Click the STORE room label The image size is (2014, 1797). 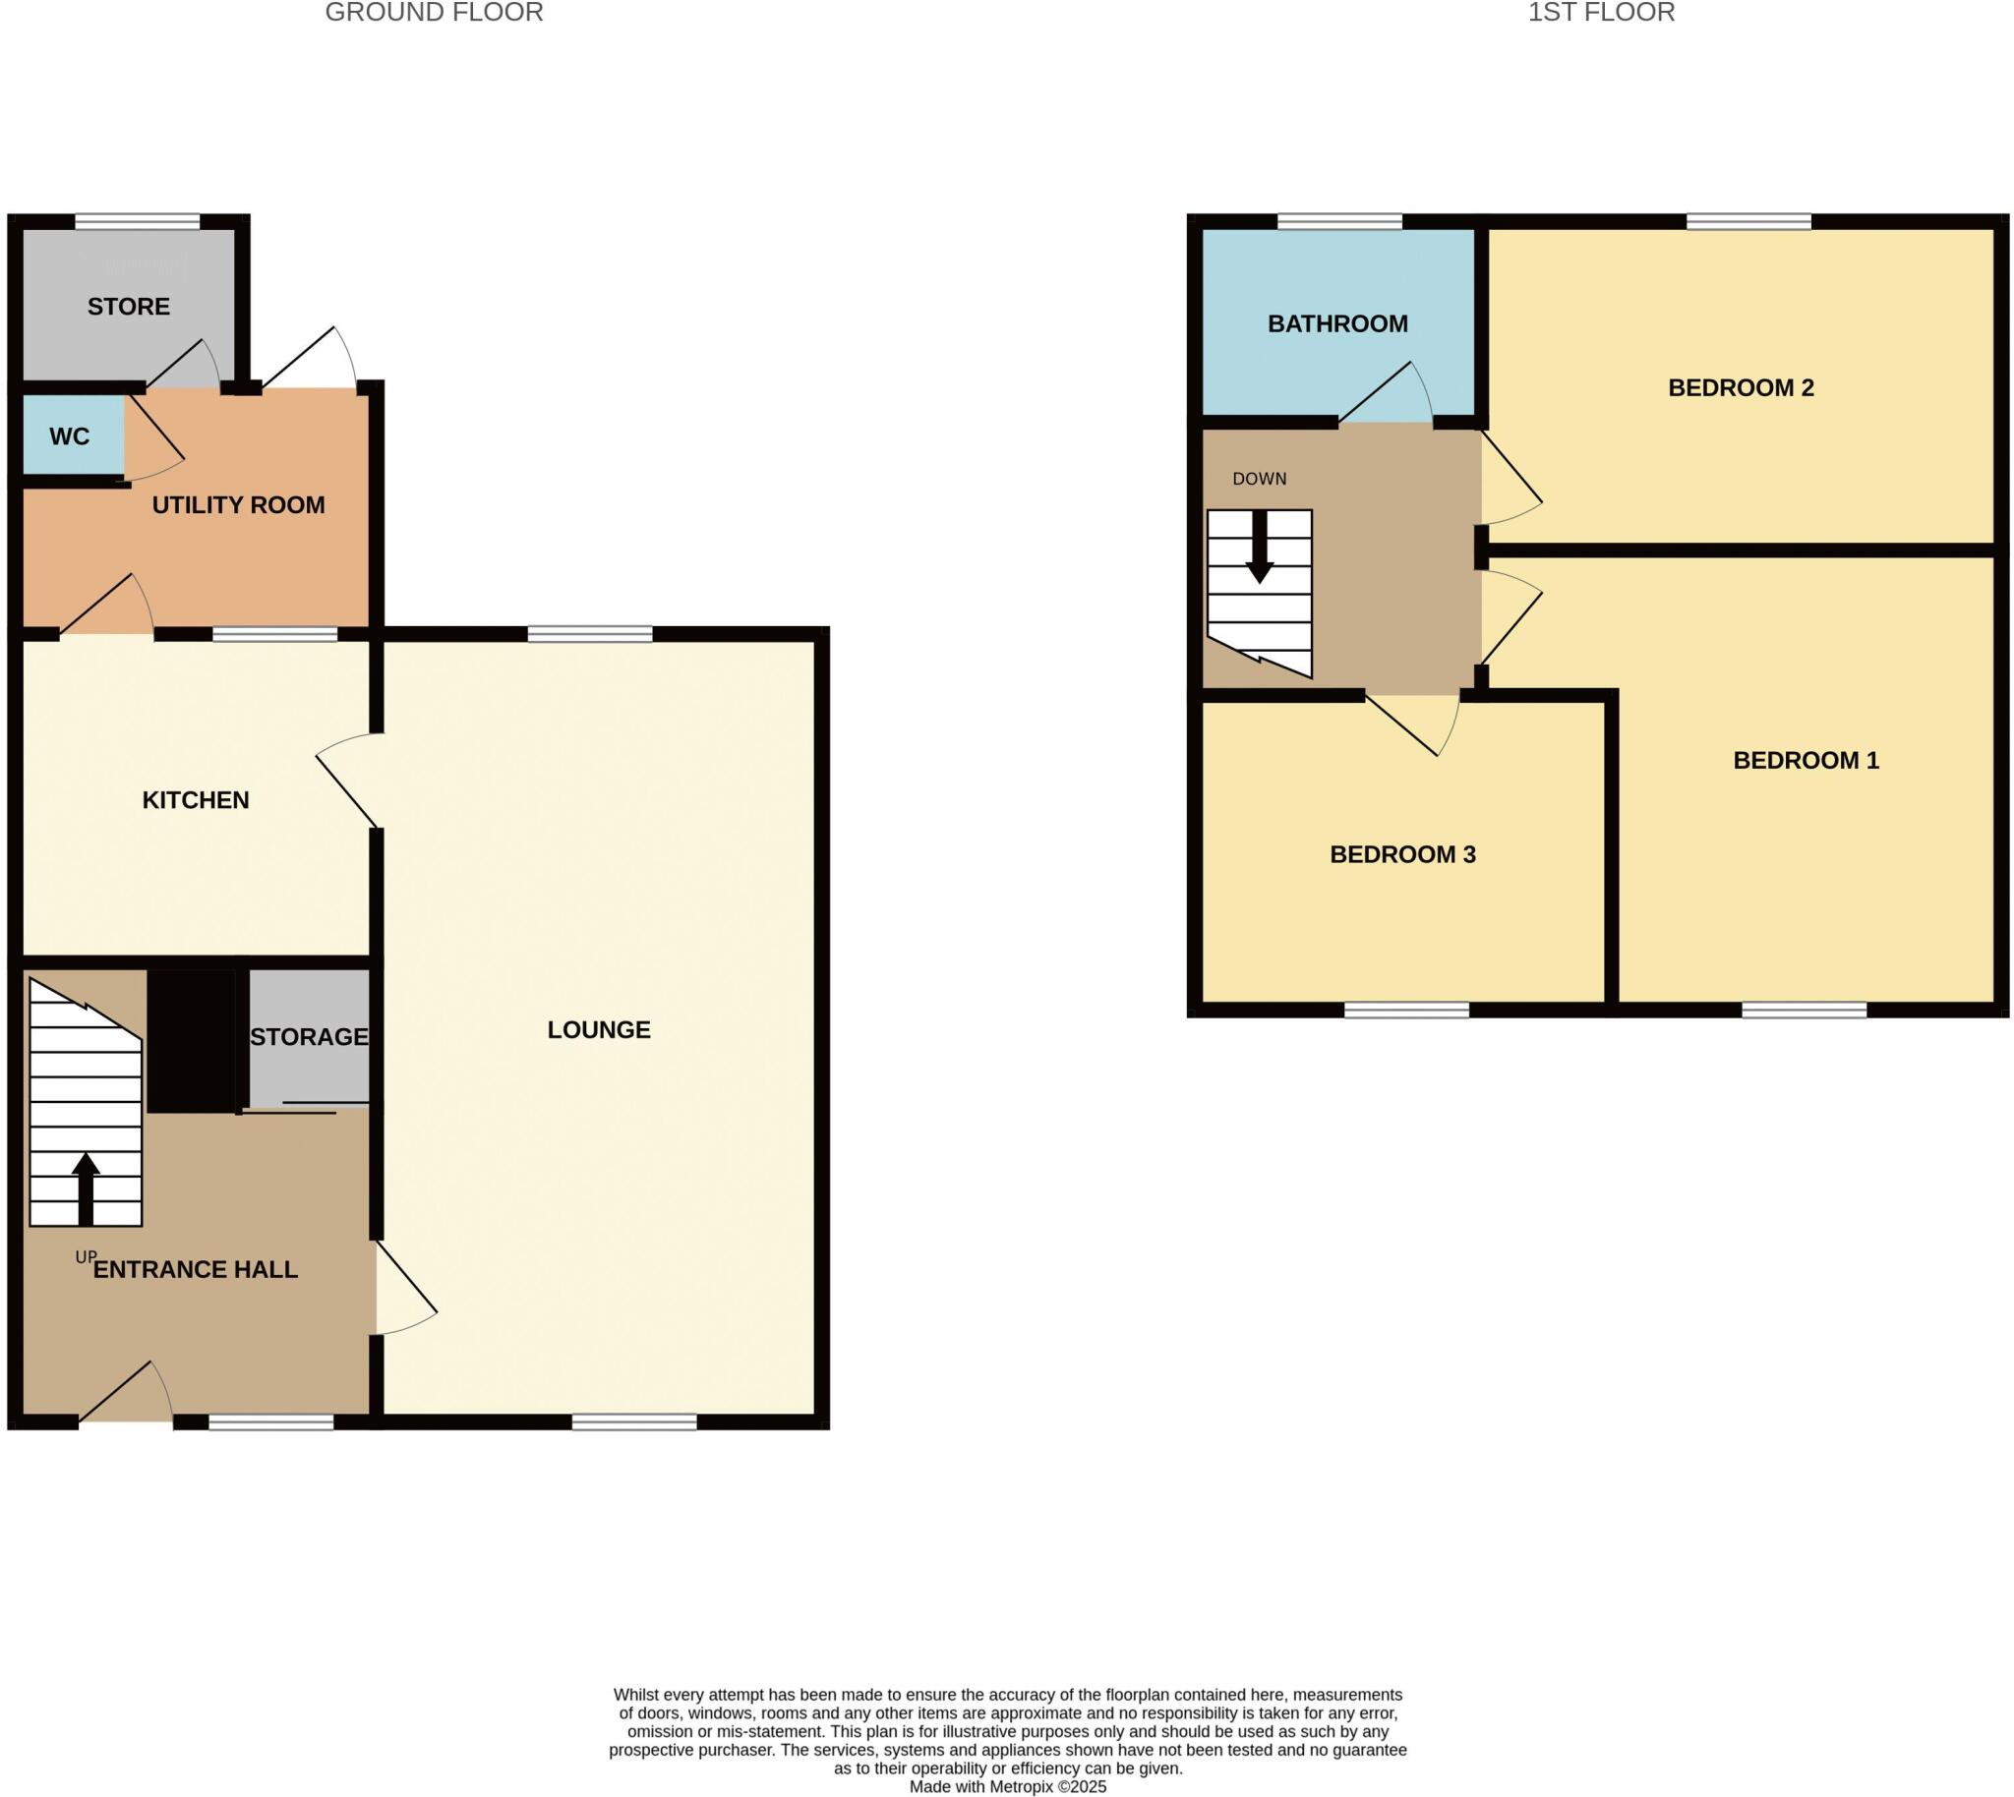(x=129, y=306)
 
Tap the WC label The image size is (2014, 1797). (x=69, y=436)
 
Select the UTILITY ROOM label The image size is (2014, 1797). (x=238, y=504)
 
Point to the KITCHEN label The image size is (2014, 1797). (x=196, y=800)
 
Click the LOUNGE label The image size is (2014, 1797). (x=599, y=1030)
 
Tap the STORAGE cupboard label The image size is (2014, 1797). (x=308, y=1037)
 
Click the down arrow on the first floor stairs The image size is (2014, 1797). (x=1260, y=547)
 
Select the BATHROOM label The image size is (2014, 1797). (x=1337, y=323)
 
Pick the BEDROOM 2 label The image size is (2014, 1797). (x=1741, y=388)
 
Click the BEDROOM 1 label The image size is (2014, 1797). (x=1806, y=760)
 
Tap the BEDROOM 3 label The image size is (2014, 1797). (x=1402, y=854)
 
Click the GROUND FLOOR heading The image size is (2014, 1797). (x=434, y=13)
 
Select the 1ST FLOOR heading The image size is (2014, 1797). (x=1601, y=13)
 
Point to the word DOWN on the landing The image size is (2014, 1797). (x=1260, y=479)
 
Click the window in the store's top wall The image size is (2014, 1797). (x=138, y=222)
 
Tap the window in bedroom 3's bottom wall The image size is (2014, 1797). (x=1406, y=1009)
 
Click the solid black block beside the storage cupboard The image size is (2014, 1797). (x=193, y=1040)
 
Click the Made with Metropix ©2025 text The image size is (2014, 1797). (x=1008, y=1786)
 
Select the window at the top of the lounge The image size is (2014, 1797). (x=590, y=634)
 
